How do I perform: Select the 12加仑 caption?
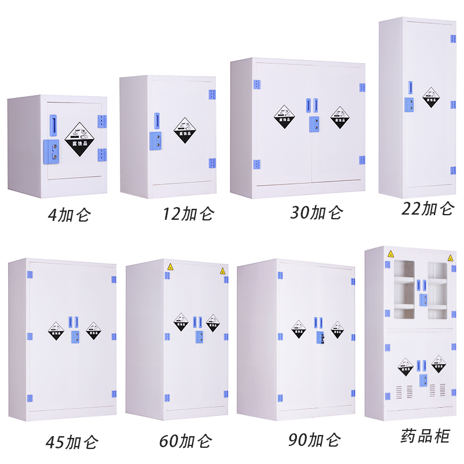(188, 214)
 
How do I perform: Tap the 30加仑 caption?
(317, 213)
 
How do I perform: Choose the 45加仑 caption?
(72, 443)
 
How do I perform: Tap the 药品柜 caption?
(425, 436)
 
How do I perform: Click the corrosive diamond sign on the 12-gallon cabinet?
(186, 130)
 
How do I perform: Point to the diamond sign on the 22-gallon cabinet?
(431, 97)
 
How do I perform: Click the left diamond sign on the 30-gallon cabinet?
(284, 116)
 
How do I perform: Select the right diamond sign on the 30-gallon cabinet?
(340, 117)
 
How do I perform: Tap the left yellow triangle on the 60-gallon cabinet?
(171, 267)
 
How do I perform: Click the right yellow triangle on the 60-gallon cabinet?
(222, 271)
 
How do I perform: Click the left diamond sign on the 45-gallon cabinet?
(56, 330)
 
